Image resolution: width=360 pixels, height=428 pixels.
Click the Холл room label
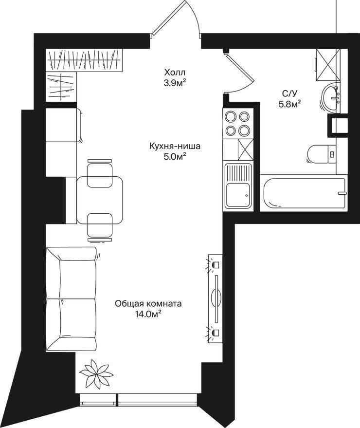(175, 73)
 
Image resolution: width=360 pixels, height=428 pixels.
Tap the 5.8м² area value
(289, 104)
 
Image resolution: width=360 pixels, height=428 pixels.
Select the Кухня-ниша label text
(175, 146)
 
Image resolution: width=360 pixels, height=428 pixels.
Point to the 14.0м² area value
(147, 314)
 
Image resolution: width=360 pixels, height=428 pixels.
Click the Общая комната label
(148, 303)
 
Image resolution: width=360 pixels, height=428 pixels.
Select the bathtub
(304, 193)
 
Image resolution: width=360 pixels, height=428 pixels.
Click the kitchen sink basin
(238, 195)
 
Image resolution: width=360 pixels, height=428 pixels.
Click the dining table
(100, 200)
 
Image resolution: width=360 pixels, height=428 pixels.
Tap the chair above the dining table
(100, 173)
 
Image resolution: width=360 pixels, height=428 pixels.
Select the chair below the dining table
(100, 227)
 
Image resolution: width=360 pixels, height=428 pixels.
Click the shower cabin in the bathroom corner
(328, 65)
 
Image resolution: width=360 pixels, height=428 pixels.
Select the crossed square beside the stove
(245, 149)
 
